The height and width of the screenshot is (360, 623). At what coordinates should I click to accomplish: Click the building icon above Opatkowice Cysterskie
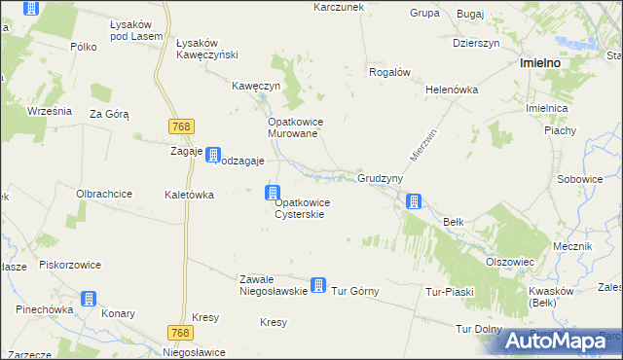[274, 193]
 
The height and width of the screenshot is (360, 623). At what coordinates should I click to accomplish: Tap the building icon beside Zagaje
[212, 154]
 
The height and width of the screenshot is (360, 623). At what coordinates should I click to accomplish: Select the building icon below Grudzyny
[414, 201]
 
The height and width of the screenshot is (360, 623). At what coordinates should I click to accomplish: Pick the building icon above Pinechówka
[89, 298]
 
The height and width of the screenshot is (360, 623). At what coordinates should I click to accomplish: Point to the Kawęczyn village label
[256, 86]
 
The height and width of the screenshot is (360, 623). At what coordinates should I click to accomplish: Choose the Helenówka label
[453, 89]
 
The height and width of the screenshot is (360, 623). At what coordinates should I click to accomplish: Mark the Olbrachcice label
[104, 194]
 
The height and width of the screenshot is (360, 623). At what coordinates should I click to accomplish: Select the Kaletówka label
[190, 195]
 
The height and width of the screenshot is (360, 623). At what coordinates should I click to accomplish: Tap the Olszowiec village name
[510, 261]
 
